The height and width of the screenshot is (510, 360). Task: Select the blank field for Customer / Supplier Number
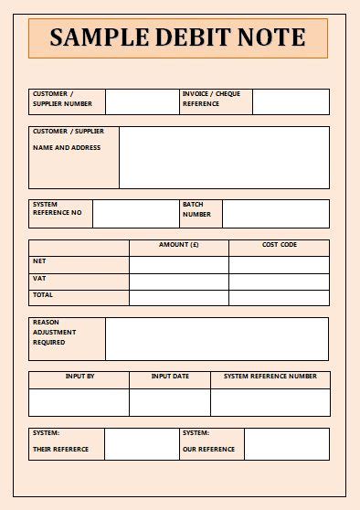142,101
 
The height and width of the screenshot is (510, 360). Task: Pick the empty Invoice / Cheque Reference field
291,101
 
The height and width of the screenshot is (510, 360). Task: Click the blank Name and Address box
224,157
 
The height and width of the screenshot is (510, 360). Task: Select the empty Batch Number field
275,214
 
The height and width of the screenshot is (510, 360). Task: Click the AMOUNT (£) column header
178,245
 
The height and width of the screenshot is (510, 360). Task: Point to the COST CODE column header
279,245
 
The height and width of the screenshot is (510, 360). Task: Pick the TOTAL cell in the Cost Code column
279,298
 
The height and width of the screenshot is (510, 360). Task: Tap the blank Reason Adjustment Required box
217,339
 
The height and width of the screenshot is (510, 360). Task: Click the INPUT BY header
79,377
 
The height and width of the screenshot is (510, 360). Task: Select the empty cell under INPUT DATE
170,402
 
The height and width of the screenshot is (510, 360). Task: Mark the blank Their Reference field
142,444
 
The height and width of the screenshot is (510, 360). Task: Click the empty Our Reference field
286,444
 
